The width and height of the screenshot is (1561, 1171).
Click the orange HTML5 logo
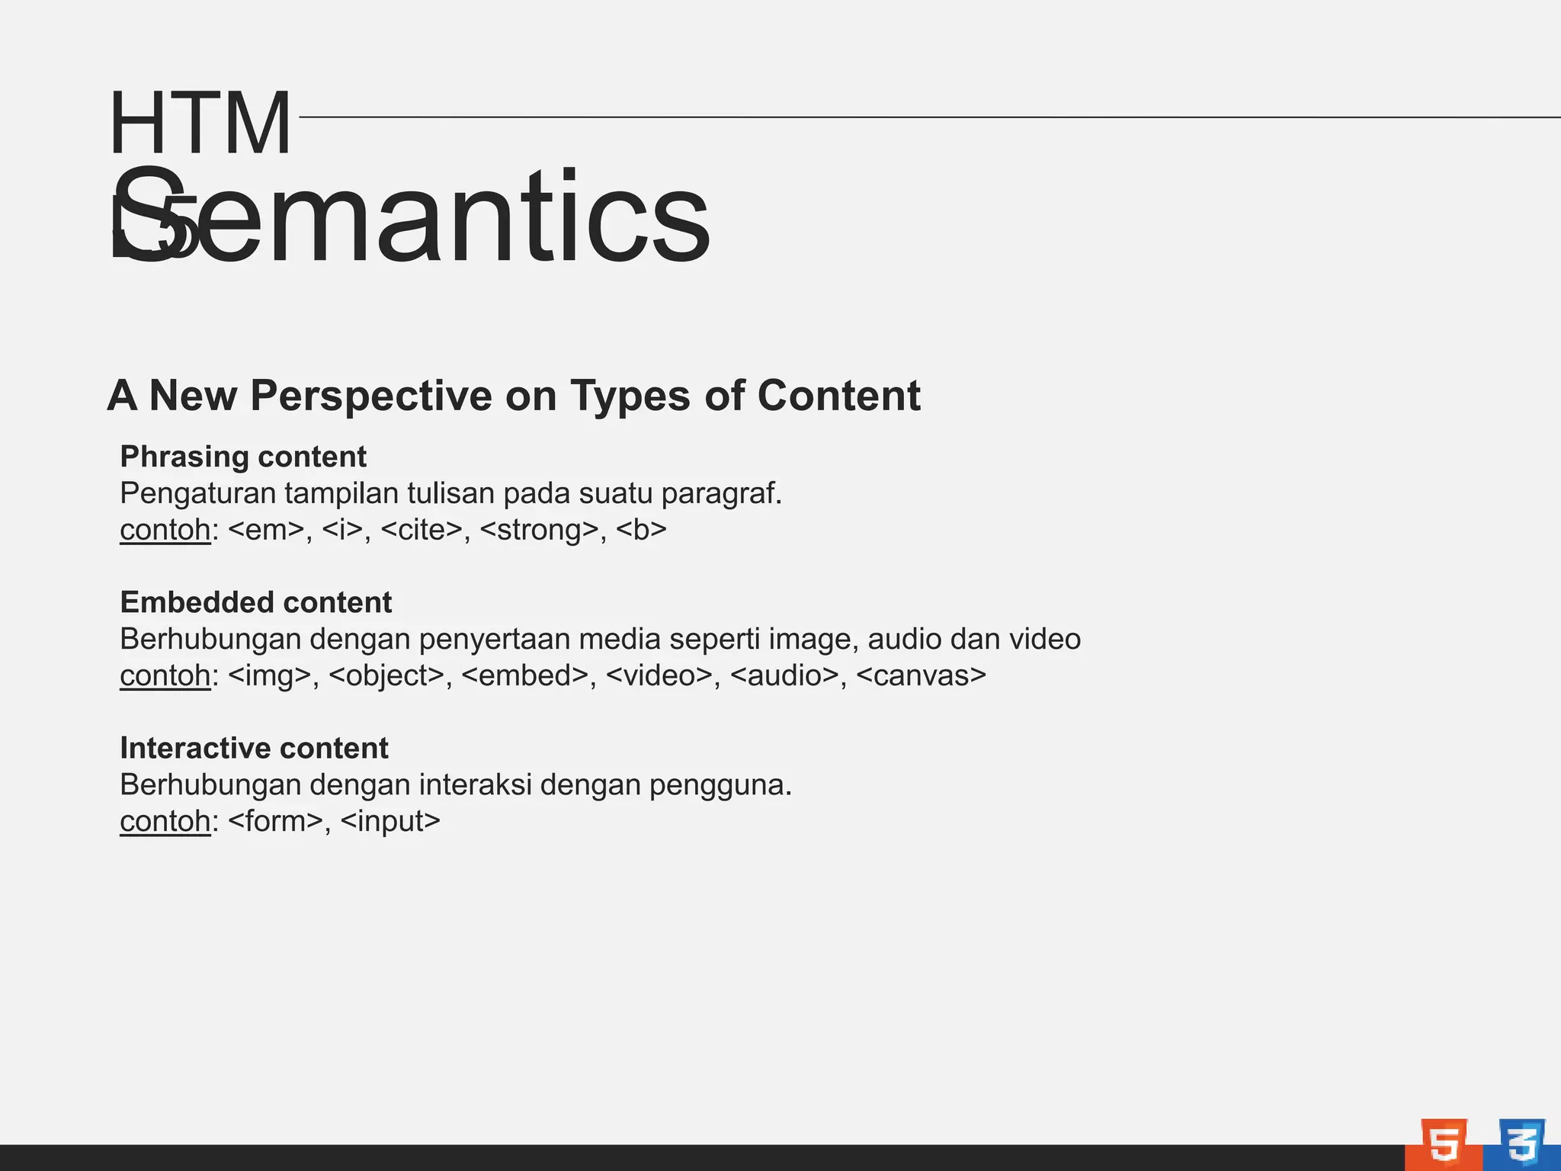coord(1444,1144)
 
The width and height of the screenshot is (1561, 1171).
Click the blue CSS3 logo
coord(1521,1144)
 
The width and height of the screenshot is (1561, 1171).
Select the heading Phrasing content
coord(243,457)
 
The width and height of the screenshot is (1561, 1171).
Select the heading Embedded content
coord(256,602)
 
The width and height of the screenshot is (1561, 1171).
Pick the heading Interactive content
coord(254,748)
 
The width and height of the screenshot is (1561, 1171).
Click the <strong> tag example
coord(539,529)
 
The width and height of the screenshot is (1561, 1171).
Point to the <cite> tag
coord(421,529)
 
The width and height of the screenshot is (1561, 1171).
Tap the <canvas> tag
coord(921,675)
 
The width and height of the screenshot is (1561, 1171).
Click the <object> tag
coord(386,675)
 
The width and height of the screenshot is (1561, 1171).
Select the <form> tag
coord(275,821)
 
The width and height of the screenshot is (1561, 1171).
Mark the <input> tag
coord(390,821)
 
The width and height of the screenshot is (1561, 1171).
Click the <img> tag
coord(269,675)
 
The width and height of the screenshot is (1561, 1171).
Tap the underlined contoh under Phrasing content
coord(165,529)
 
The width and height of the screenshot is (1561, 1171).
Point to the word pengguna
coord(720,784)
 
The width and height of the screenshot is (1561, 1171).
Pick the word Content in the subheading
coord(838,396)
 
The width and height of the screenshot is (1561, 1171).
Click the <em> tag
coord(266,529)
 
